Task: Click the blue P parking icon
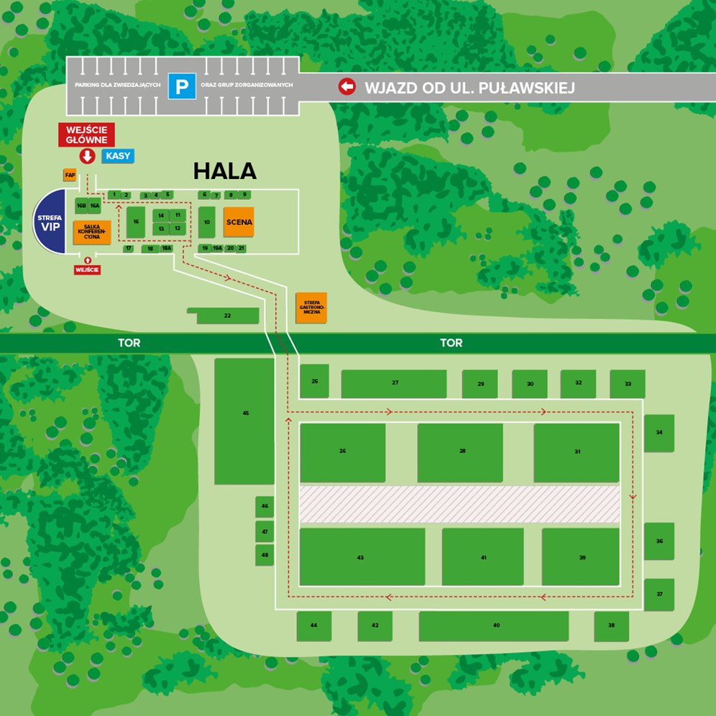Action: [x=182, y=87]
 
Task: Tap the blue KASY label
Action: [x=117, y=155]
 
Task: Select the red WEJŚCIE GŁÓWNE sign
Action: [x=86, y=134]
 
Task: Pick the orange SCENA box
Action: [x=239, y=222]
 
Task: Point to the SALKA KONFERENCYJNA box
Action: [x=91, y=232]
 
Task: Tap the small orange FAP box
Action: [x=70, y=175]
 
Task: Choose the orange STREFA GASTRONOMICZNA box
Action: [x=311, y=308]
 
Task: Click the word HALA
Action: [x=224, y=171]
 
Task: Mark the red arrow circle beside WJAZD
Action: [x=347, y=87]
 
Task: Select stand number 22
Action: [x=227, y=316]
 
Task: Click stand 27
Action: [x=394, y=383]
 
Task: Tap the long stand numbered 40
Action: [x=494, y=625]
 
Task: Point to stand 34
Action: [x=658, y=433]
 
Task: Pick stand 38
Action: [x=611, y=626]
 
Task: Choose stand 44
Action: [x=313, y=625]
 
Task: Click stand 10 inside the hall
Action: [x=206, y=222]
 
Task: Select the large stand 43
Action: [x=361, y=557]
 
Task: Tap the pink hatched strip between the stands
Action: [x=459, y=504]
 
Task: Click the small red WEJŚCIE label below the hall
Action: [x=87, y=270]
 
